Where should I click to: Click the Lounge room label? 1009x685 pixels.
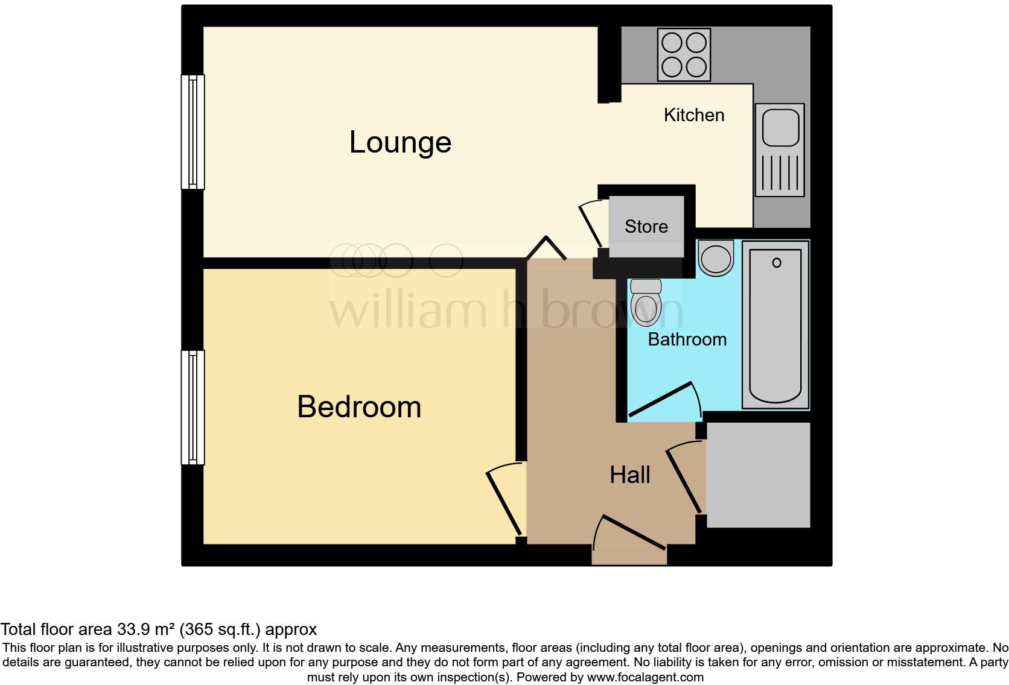pyautogui.click(x=400, y=142)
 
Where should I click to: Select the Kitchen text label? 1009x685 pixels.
pyautogui.click(x=694, y=115)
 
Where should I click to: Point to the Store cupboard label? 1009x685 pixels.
pyautogui.click(x=646, y=227)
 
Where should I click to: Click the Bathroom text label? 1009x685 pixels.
pyautogui.click(x=687, y=339)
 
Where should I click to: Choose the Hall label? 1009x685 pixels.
pyautogui.click(x=629, y=475)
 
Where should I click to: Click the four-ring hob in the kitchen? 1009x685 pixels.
pyautogui.click(x=684, y=55)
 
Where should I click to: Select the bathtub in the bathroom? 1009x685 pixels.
pyautogui.click(x=775, y=326)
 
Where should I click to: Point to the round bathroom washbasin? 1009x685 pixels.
pyautogui.click(x=716, y=257)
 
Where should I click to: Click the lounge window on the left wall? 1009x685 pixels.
pyautogui.click(x=193, y=131)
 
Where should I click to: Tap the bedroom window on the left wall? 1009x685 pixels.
pyautogui.click(x=193, y=407)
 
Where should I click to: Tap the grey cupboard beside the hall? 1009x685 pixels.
pyautogui.click(x=757, y=475)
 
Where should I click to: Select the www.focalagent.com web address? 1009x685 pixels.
pyautogui.click(x=645, y=677)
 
